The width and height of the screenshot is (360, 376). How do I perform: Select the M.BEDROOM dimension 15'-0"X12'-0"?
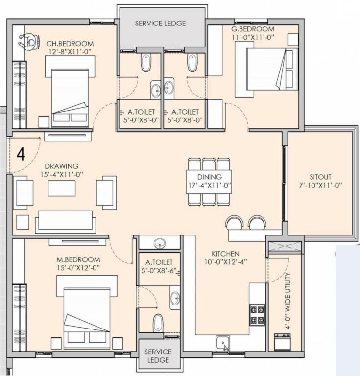[78, 268]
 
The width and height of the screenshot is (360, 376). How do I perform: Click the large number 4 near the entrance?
[21, 154]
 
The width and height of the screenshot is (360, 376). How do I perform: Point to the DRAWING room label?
[62, 166]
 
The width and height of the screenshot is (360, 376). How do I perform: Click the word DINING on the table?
[210, 177]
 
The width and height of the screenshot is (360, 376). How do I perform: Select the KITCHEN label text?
[225, 254]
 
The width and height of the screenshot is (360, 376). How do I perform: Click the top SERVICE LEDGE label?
[160, 23]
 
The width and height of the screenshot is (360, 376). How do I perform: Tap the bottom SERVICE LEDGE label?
[158, 356]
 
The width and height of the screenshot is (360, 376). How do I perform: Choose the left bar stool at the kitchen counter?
[234, 223]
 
